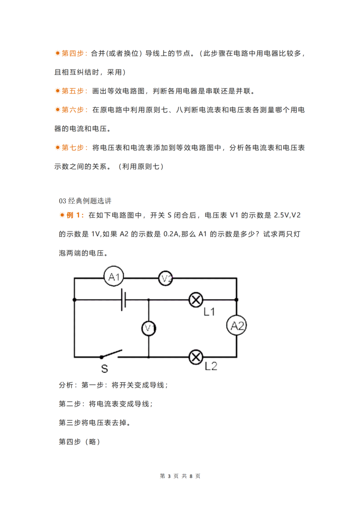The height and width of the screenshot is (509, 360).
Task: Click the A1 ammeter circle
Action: pyautogui.click(x=113, y=276)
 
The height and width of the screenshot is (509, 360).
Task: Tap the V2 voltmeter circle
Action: pyautogui.click(x=165, y=278)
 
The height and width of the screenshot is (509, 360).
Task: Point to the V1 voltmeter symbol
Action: pyautogui.click(x=149, y=328)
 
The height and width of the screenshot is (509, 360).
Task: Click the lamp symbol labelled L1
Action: pyautogui.click(x=196, y=300)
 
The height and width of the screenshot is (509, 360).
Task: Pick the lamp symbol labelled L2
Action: pyautogui.click(x=196, y=357)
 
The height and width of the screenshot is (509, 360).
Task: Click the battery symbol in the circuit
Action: pyautogui.click(x=123, y=300)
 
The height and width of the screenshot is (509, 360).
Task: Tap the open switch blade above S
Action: pyautogui.click(x=112, y=353)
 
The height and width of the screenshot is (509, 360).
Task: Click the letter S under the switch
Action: pyautogui.click(x=104, y=368)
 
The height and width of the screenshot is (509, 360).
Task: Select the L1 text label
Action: pyautogui.click(x=209, y=312)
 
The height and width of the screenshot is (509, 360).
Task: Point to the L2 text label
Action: pyautogui.click(x=211, y=366)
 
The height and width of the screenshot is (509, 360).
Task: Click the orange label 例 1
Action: pyautogui.click(x=73, y=215)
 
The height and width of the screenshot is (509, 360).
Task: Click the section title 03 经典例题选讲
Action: pyautogui.click(x=85, y=201)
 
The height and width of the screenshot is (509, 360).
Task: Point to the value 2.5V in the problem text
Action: pyautogui.click(x=282, y=215)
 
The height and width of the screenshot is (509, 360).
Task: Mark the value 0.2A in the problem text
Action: pyautogui.click(x=172, y=234)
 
